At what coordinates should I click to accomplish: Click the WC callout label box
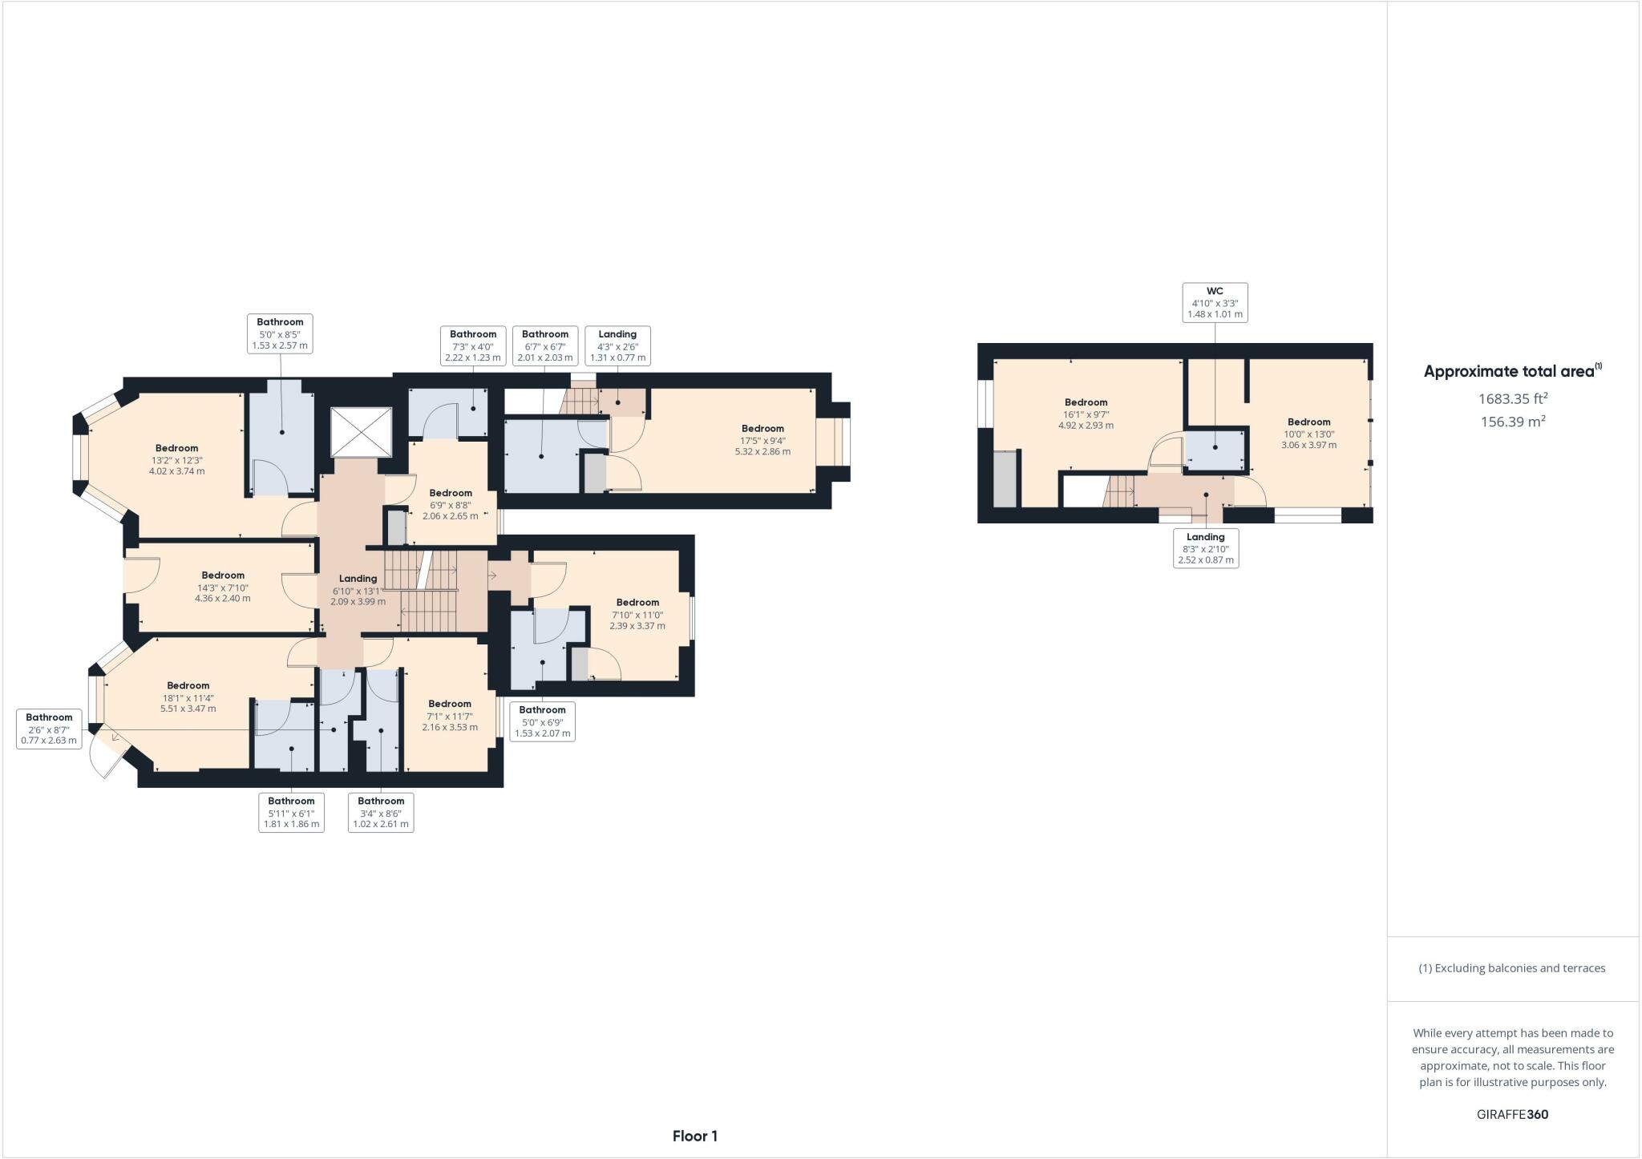(1215, 303)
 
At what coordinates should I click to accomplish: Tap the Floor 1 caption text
(694, 1136)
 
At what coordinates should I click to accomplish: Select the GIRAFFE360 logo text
(1512, 1114)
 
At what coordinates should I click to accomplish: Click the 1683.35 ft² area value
(1512, 398)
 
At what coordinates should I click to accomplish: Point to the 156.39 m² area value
(1512, 422)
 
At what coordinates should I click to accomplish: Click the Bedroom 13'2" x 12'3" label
(176, 459)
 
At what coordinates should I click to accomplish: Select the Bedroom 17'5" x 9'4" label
(762, 440)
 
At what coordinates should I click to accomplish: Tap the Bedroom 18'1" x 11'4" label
(188, 697)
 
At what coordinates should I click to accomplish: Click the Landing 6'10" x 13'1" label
(358, 589)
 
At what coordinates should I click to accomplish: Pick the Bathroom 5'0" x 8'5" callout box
(280, 333)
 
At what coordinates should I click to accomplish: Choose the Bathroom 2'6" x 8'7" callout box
(49, 729)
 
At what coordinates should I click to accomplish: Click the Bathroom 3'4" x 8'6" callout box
(381, 812)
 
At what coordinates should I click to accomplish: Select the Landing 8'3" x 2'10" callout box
(1205, 548)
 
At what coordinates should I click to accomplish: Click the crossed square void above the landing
(362, 432)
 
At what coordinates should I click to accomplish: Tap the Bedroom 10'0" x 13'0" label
(1308, 433)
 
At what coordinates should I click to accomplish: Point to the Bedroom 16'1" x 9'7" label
(1086, 414)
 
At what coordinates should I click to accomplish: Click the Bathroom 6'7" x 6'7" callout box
(545, 345)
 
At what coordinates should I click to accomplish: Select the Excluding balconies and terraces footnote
(1512, 968)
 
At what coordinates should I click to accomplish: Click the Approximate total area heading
(1512, 371)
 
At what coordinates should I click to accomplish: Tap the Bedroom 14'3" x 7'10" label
(223, 586)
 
